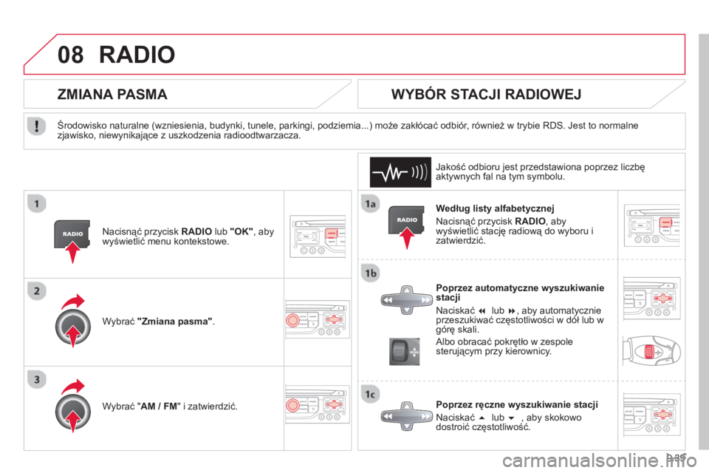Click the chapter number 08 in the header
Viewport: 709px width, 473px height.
coord(71,55)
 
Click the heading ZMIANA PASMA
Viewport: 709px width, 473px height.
coord(112,94)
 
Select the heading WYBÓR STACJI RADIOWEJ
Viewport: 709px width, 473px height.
coord(486,94)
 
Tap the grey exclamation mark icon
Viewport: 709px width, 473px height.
coord(37,126)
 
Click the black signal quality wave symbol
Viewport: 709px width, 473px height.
coord(400,172)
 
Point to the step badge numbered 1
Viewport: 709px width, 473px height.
coord(37,204)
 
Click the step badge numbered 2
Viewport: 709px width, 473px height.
coord(37,290)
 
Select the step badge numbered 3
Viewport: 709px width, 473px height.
coord(37,379)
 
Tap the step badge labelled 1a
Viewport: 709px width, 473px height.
coord(370,204)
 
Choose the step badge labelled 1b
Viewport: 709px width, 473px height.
coord(370,273)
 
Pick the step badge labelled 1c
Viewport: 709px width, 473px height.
coord(370,394)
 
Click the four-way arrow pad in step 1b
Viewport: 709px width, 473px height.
coord(407,300)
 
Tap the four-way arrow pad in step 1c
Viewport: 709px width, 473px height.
coord(407,416)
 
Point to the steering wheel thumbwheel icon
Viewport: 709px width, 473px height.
coord(404,351)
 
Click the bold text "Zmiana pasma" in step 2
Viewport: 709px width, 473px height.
coord(175,321)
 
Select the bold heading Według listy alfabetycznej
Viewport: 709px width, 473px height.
coord(495,208)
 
